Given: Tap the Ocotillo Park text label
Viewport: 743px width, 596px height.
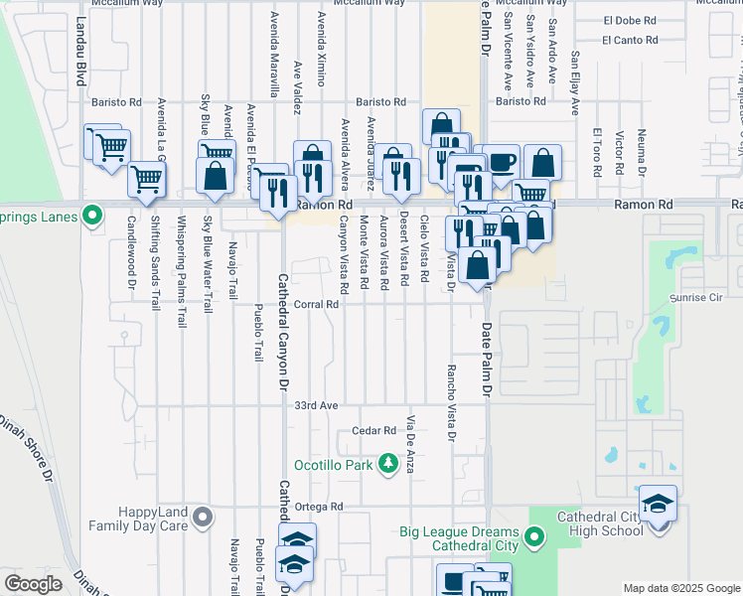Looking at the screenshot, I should tap(339, 465).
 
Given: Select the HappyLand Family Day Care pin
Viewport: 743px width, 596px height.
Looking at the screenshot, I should tap(204, 516).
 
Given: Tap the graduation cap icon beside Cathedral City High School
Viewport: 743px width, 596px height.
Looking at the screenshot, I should tap(658, 504).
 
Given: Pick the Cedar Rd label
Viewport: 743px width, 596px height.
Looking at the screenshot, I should tap(374, 431).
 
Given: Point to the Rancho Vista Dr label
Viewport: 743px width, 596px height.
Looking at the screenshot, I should tap(451, 402).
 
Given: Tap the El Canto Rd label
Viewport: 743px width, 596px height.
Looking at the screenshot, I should tap(630, 41).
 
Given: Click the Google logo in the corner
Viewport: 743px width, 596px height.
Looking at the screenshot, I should tap(33, 584).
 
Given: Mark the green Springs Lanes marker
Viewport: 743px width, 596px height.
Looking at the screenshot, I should tap(92, 215).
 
